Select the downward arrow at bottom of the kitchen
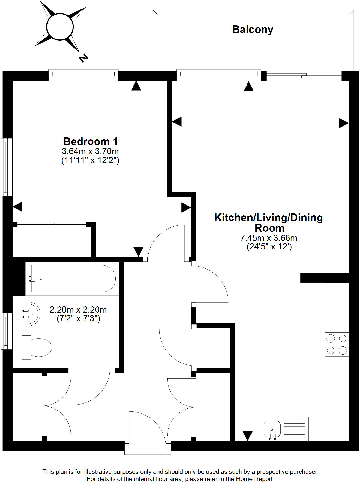point(246,432)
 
